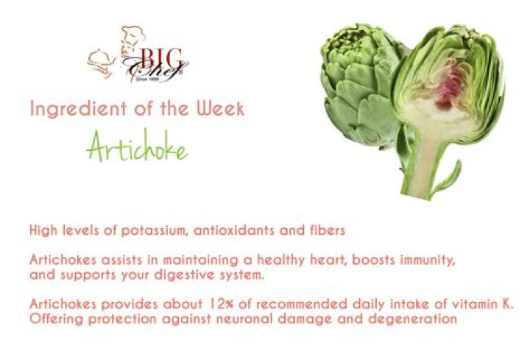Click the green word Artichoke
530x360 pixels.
coord(137,146)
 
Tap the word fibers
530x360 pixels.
coord(327,230)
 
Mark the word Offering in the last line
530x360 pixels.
coord(56,320)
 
